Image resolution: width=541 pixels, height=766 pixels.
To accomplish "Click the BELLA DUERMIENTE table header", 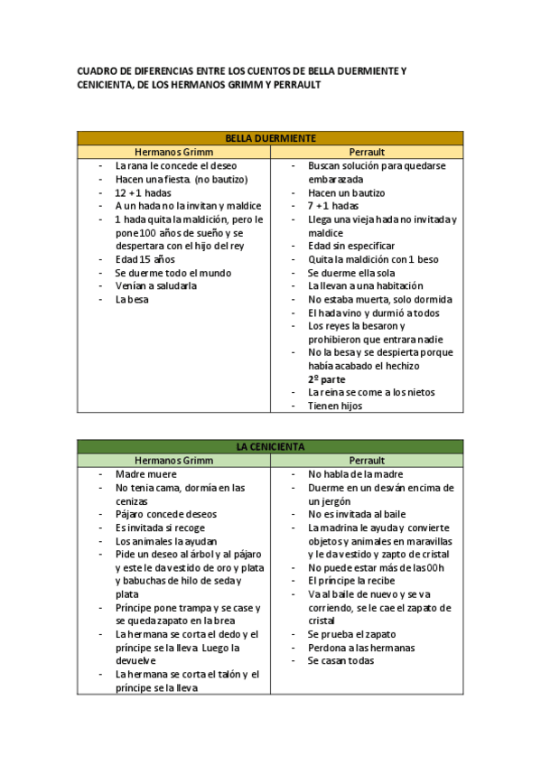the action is click(x=270, y=138).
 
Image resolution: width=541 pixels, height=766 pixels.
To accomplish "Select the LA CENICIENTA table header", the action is click(x=270, y=446).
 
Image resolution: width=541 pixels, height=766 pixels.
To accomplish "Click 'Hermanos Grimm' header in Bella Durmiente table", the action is click(x=173, y=152).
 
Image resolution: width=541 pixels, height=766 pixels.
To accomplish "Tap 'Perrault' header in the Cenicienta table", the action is click(x=367, y=460).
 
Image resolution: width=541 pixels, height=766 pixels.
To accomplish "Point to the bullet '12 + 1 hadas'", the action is click(x=143, y=193).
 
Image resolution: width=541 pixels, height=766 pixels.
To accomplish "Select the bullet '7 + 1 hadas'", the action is click(x=333, y=206).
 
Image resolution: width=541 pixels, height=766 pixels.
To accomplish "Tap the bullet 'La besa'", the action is click(x=132, y=299).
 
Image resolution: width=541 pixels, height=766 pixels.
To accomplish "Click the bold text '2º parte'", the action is click(x=326, y=379).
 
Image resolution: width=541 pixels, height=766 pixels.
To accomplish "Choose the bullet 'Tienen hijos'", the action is click(x=335, y=406).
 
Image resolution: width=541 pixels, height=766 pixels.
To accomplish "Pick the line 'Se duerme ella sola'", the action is click(x=351, y=273).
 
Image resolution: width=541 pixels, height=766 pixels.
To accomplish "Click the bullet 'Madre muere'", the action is click(x=146, y=474).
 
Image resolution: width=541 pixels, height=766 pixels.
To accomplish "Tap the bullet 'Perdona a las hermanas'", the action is click(x=361, y=647).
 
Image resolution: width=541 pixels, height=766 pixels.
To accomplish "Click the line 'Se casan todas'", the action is click(x=340, y=660).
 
